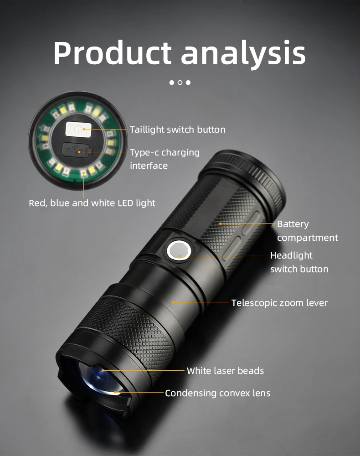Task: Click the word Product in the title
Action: coord(112,53)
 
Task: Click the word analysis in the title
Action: coord(243,53)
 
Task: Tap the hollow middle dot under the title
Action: coord(180,83)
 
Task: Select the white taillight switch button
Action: coord(78,129)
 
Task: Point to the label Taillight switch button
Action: coord(177,130)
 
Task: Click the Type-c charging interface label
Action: coord(165,159)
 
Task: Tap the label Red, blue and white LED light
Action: coord(92,202)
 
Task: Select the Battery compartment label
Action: coord(307,231)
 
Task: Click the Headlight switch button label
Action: coord(299,262)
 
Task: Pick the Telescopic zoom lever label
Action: coord(279,303)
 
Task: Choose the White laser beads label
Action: coord(225,371)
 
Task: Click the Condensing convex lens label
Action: coord(217,393)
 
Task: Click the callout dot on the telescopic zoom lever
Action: coord(173,302)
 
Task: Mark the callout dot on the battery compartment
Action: coord(220,223)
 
